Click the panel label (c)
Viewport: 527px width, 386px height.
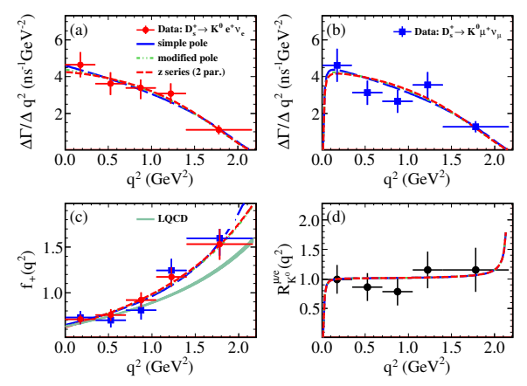76,217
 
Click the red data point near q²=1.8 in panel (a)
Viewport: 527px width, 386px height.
218,129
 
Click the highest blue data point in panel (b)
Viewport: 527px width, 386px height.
337,65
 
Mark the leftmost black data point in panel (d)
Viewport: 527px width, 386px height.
337,279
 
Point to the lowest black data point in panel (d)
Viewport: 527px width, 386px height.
398,291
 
